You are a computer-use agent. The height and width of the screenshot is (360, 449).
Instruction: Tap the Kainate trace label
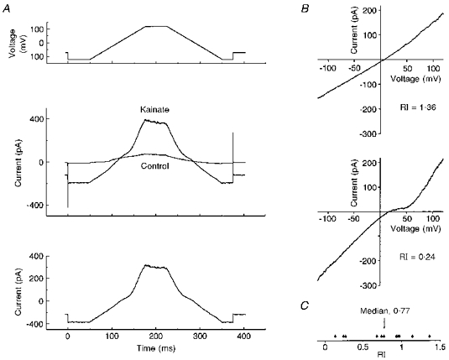(156, 110)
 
